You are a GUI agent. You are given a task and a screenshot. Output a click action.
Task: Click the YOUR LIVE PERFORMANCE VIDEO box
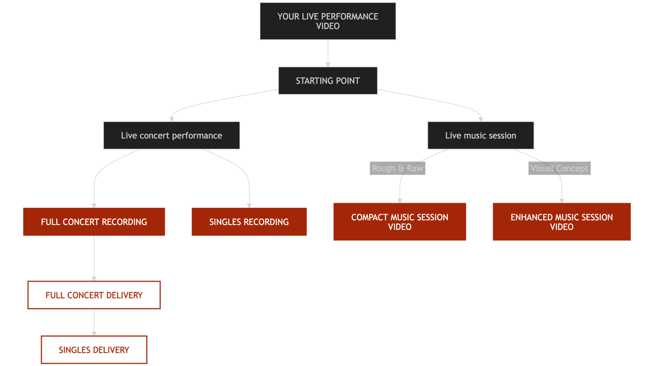click(327, 21)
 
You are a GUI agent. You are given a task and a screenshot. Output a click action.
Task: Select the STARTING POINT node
click(327, 81)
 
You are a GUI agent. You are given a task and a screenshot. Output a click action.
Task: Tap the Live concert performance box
click(171, 135)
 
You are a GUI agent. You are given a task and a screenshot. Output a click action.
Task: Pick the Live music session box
click(481, 135)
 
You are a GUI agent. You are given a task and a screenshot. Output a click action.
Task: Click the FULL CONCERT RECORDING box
click(94, 222)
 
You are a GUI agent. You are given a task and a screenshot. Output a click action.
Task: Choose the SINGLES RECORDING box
click(249, 222)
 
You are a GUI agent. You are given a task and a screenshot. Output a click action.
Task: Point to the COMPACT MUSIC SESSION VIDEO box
click(400, 222)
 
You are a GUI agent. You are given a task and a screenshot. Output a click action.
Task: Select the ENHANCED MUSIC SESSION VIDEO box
click(561, 222)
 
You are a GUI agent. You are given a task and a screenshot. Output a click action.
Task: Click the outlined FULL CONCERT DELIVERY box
click(94, 296)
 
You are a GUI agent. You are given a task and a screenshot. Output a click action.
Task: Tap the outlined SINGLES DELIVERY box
click(94, 350)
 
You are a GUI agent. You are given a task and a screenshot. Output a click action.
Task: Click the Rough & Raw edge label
click(397, 169)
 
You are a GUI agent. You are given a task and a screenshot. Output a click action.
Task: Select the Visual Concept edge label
click(560, 169)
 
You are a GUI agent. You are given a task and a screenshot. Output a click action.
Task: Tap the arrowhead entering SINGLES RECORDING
click(249, 205)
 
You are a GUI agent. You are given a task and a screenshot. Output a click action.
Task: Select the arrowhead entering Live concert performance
click(171, 119)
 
